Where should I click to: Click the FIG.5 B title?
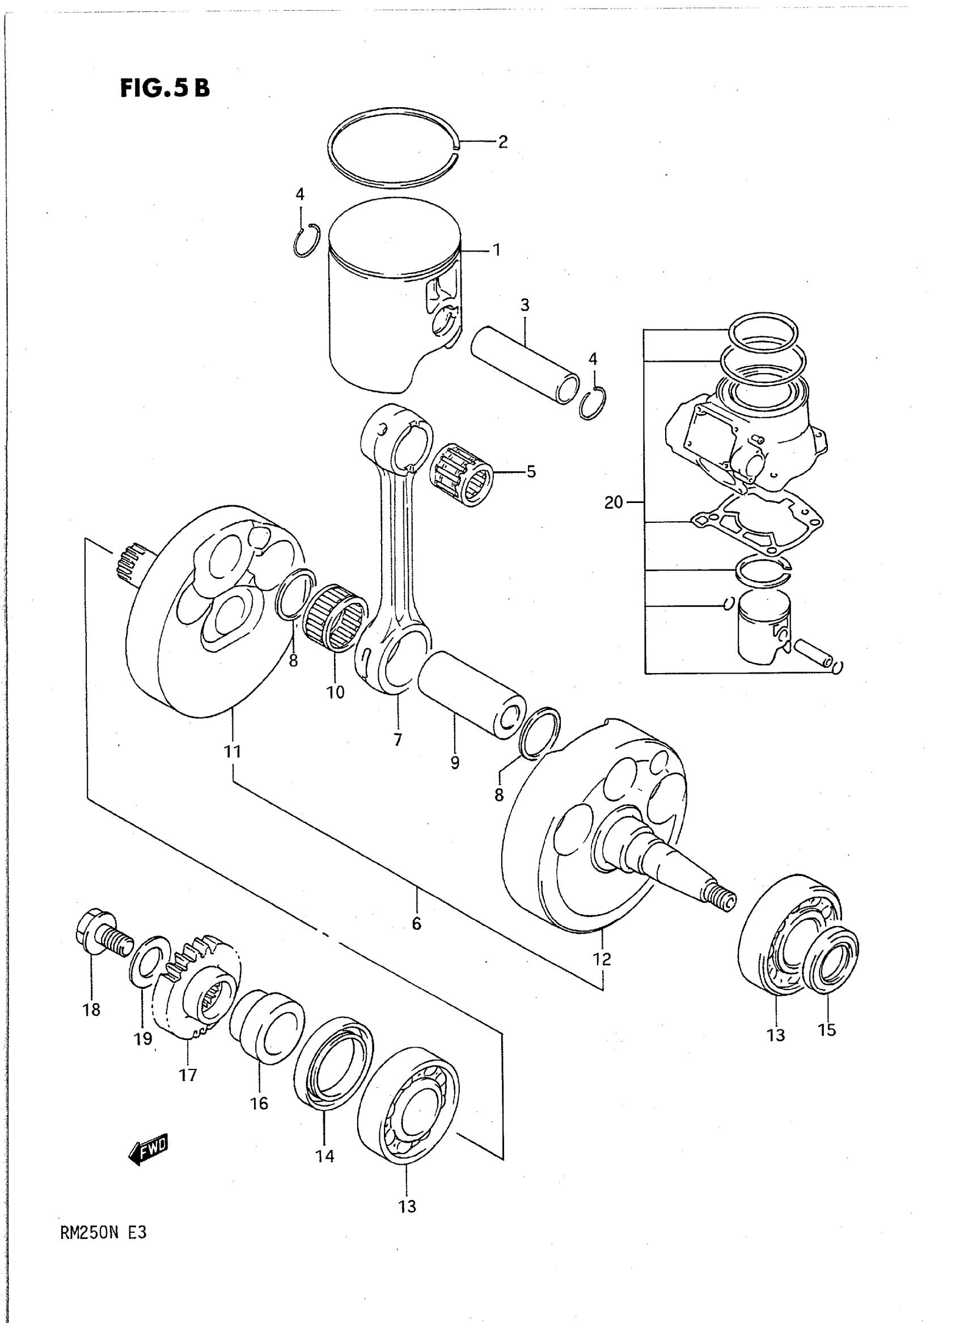[164, 88]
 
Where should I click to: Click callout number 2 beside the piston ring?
[502, 142]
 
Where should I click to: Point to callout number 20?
[614, 502]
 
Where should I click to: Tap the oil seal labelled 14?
[333, 1063]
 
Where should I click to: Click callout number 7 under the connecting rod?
[398, 740]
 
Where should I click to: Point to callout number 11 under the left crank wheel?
[232, 751]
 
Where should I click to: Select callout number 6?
[416, 923]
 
